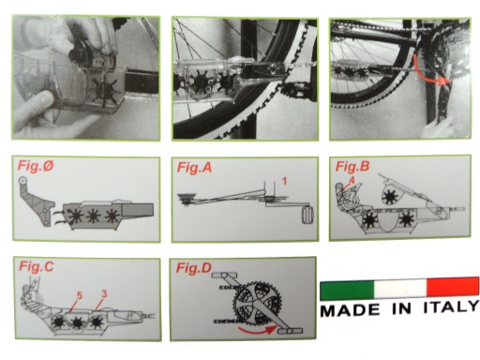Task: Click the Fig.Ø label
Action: [x=36, y=166]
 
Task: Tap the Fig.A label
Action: [x=194, y=168]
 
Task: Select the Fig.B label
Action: [x=352, y=167]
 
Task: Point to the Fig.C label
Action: [x=37, y=266]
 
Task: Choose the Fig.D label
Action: [x=194, y=268]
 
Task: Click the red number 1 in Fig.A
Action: [x=284, y=181]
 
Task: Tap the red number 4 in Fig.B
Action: [x=352, y=180]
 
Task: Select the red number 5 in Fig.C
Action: [x=80, y=295]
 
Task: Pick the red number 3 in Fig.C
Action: [x=104, y=293]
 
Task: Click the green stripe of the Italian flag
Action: [x=347, y=290]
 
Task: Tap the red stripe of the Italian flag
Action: [x=453, y=286]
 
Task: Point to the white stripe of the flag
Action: [x=400, y=288]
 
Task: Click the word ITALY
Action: [x=451, y=307]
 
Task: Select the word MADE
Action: [x=350, y=310]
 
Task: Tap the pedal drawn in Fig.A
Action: [x=308, y=216]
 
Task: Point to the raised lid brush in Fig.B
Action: [x=389, y=197]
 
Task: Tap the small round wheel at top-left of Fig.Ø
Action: [x=22, y=181]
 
